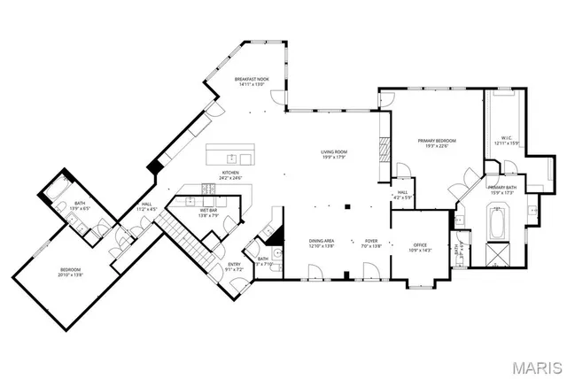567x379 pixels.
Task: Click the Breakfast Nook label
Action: pyautogui.click(x=251, y=80)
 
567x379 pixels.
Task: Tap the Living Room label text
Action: pyautogui.click(x=334, y=152)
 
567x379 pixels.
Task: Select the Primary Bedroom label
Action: pyautogui.click(x=437, y=141)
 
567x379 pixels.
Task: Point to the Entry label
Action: pyautogui.click(x=234, y=264)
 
